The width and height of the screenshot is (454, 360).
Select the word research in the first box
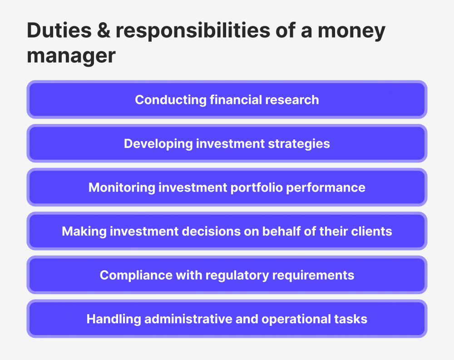click(295, 100)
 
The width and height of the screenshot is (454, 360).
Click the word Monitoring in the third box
click(122, 187)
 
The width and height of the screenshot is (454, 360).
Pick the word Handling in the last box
click(113, 319)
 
